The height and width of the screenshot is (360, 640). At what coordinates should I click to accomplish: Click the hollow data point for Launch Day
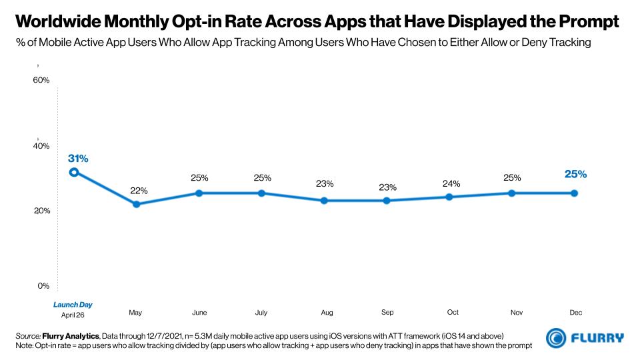(74, 172)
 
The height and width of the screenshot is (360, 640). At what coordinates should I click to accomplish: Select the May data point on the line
(137, 204)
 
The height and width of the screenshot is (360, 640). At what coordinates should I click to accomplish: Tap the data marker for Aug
(324, 201)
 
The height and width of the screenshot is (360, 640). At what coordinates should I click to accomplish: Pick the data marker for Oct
(449, 197)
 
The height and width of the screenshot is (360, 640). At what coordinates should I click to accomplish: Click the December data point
(575, 193)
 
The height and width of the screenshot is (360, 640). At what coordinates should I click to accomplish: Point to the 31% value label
(78, 159)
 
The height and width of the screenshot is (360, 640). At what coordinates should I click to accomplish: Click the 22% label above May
(139, 191)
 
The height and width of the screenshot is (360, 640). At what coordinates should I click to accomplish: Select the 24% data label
(451, 183)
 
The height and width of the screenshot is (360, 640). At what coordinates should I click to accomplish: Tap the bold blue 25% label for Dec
(575, 175)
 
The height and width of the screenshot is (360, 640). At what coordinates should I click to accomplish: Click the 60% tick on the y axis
(41, 81)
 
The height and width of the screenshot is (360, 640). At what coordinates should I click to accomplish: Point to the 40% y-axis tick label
(41, 145)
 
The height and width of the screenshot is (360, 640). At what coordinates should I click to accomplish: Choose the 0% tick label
(43, 285)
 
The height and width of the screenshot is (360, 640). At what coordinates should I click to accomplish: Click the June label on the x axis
(199, 312)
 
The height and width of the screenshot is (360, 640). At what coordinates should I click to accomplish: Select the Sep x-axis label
(387, 312)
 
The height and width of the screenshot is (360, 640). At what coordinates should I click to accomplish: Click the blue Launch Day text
(73, 305)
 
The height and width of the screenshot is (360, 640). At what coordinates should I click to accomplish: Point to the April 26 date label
(73, 315)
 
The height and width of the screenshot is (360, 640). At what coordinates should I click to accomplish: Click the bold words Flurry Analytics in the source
(71, 335)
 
